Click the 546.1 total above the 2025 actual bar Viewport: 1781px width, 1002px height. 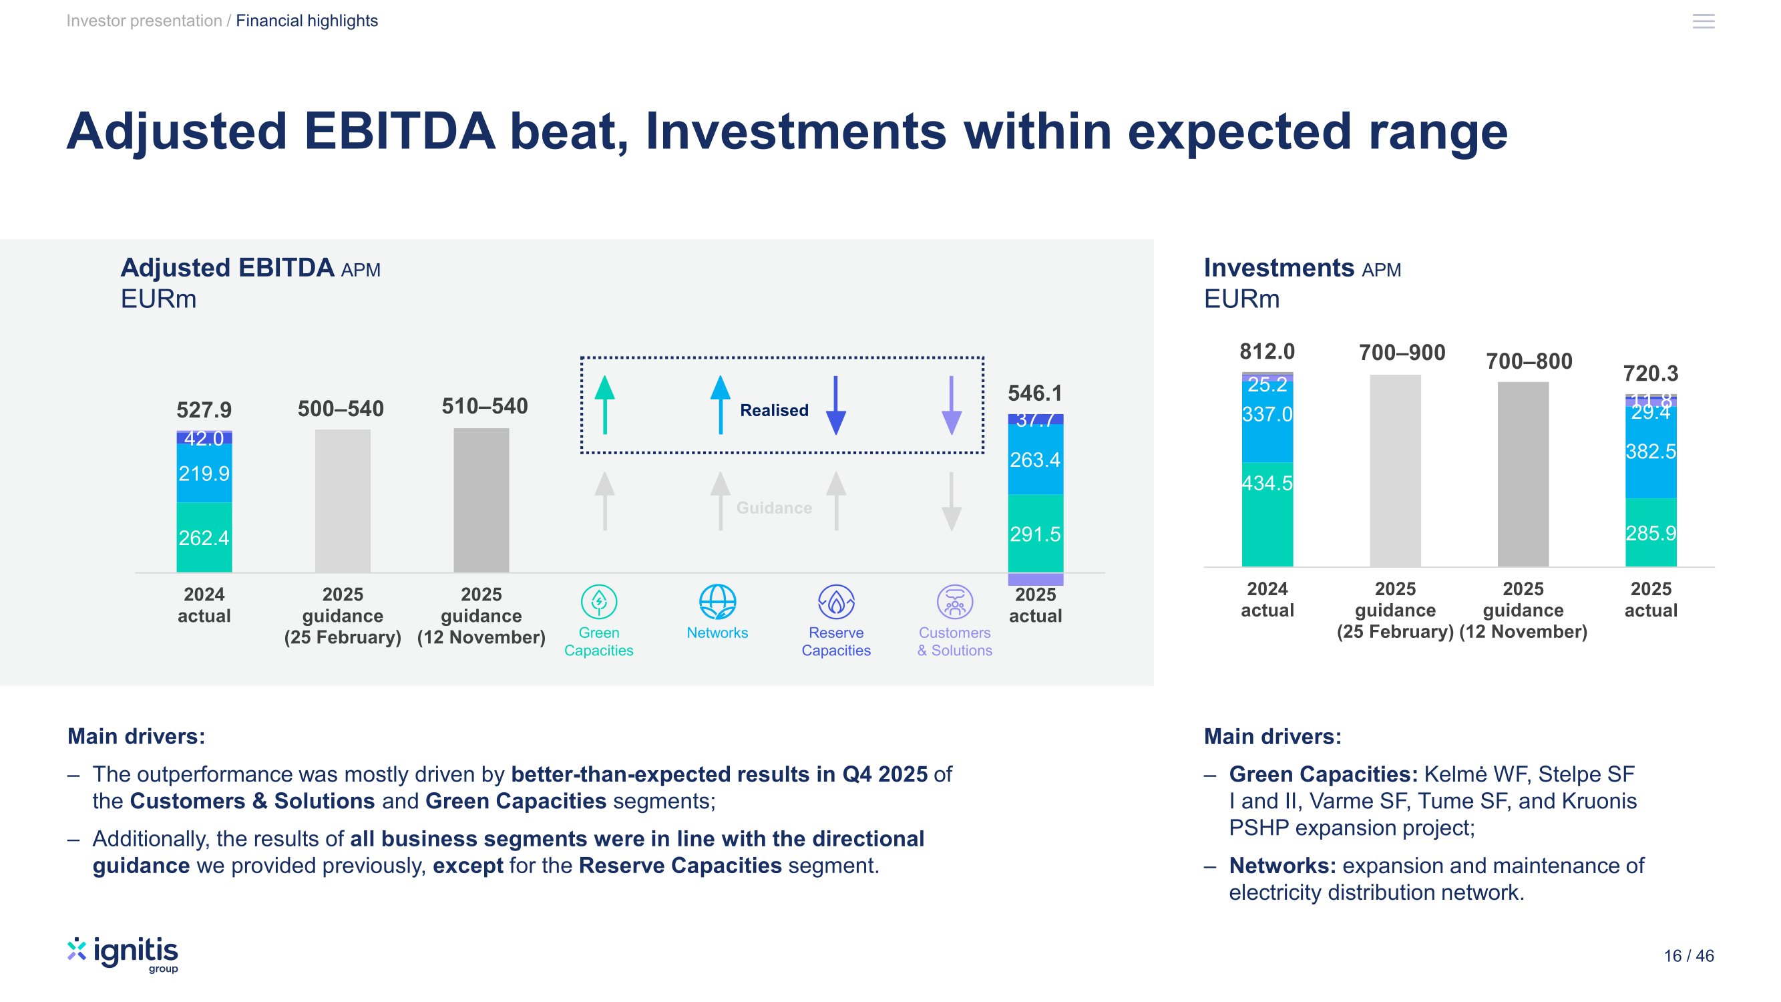coord(1034,393)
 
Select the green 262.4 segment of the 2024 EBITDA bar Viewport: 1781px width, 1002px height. coord(204,536)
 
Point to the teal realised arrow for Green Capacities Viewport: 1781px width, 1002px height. coord(604,405)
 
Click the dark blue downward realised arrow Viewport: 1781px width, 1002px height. coord(836,405)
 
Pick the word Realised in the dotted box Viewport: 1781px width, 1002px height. coord(774,410)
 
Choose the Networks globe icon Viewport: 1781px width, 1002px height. coord(717,602)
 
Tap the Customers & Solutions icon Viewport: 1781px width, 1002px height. coord(954,602)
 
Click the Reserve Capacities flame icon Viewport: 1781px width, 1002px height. coord(836,602)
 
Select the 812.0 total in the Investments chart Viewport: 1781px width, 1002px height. coord(1267,352)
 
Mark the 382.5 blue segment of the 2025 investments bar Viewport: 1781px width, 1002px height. coord(1650,452)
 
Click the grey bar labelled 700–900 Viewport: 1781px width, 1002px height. coord(1394,470)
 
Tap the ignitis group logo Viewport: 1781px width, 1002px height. coord(123,955)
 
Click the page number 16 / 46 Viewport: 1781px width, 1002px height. coord(1688,956)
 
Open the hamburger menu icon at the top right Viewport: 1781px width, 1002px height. coord(1703,21)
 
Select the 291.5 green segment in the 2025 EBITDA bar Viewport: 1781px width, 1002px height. coord(1035,533)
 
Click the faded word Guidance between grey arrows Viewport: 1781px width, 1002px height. coord(774,508)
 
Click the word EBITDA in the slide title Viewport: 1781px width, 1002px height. coord(399,131)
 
